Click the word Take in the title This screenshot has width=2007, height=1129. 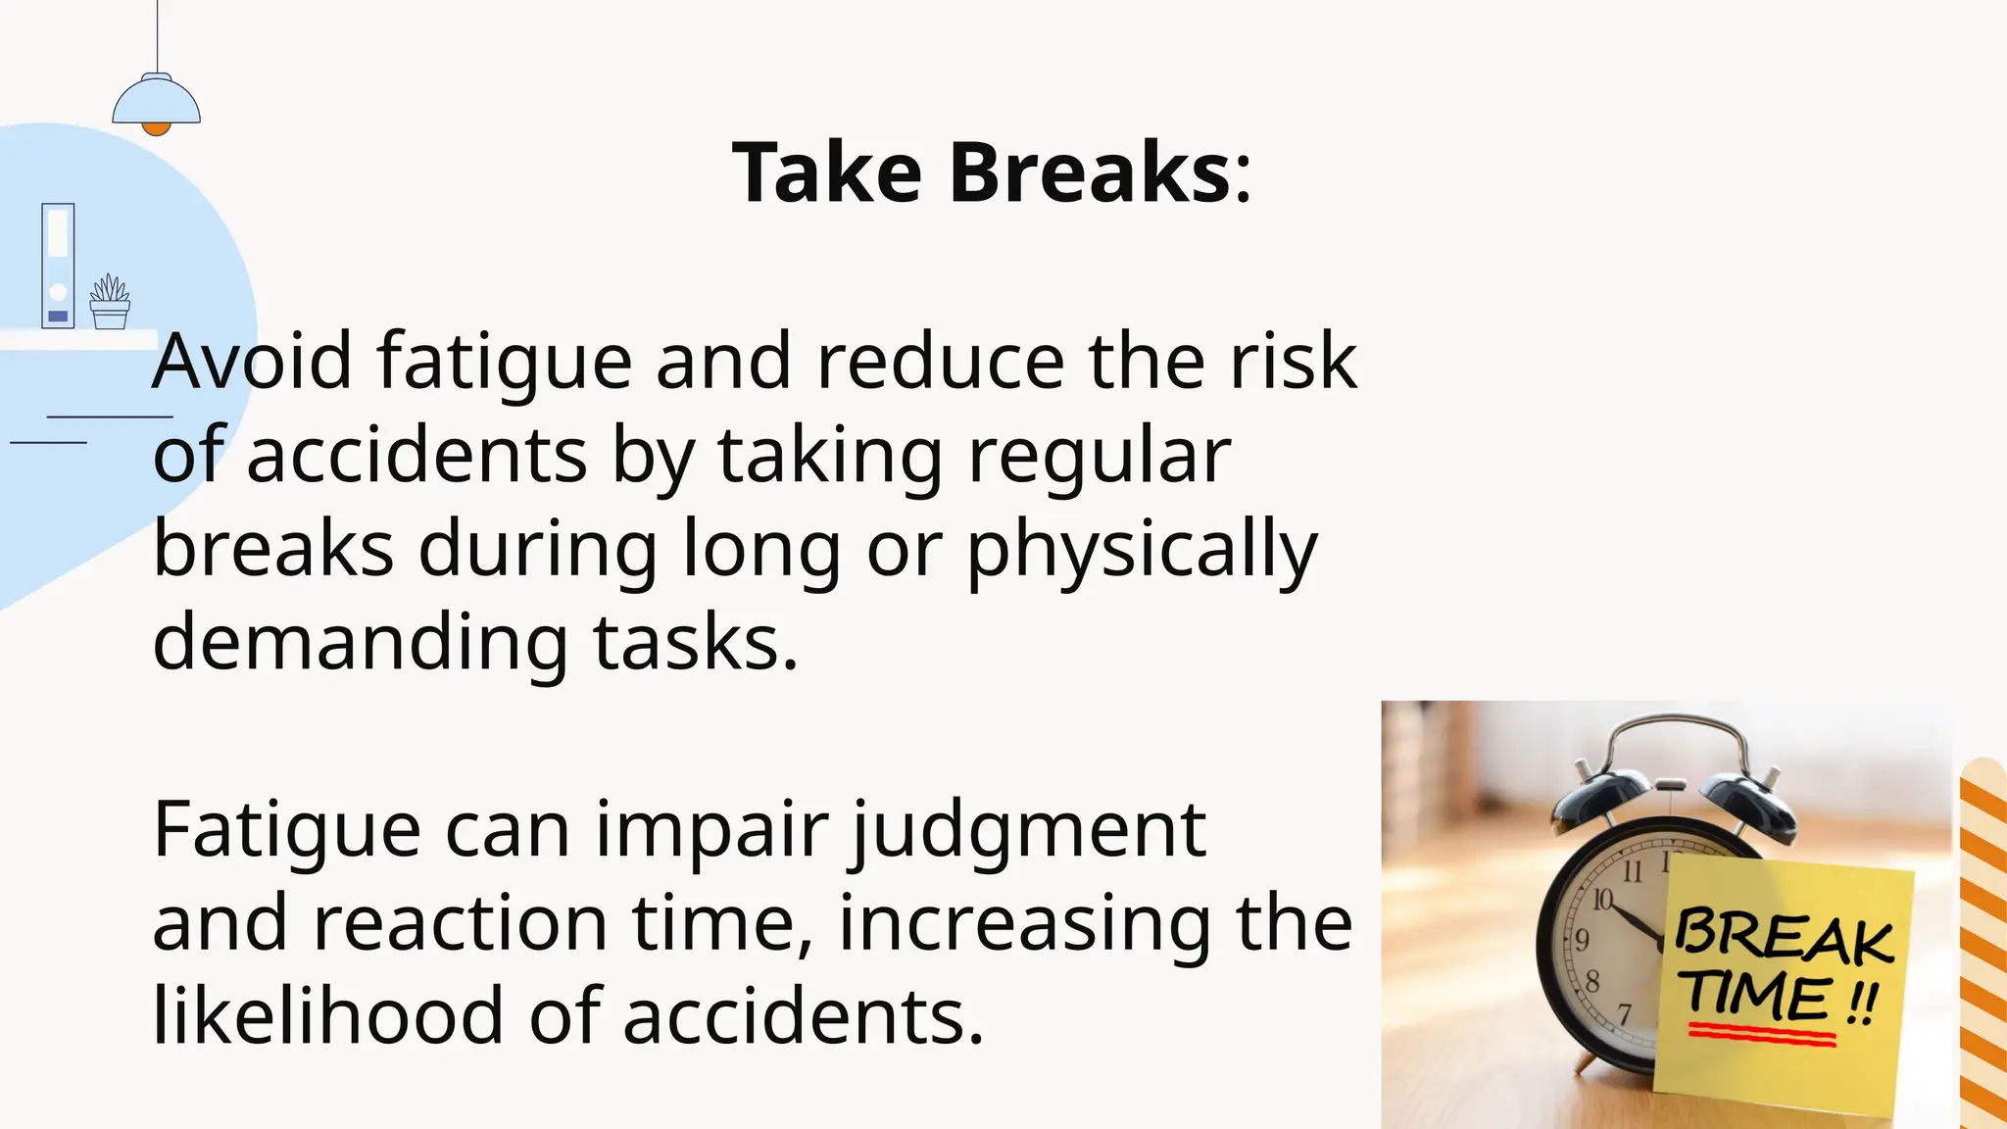pos(827,172)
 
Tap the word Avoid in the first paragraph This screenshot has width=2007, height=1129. pos(252,362)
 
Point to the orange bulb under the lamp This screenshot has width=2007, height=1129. pos(156,128)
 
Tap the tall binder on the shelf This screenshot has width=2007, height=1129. pos(58,266)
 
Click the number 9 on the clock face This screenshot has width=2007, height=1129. pos(1581,940)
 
